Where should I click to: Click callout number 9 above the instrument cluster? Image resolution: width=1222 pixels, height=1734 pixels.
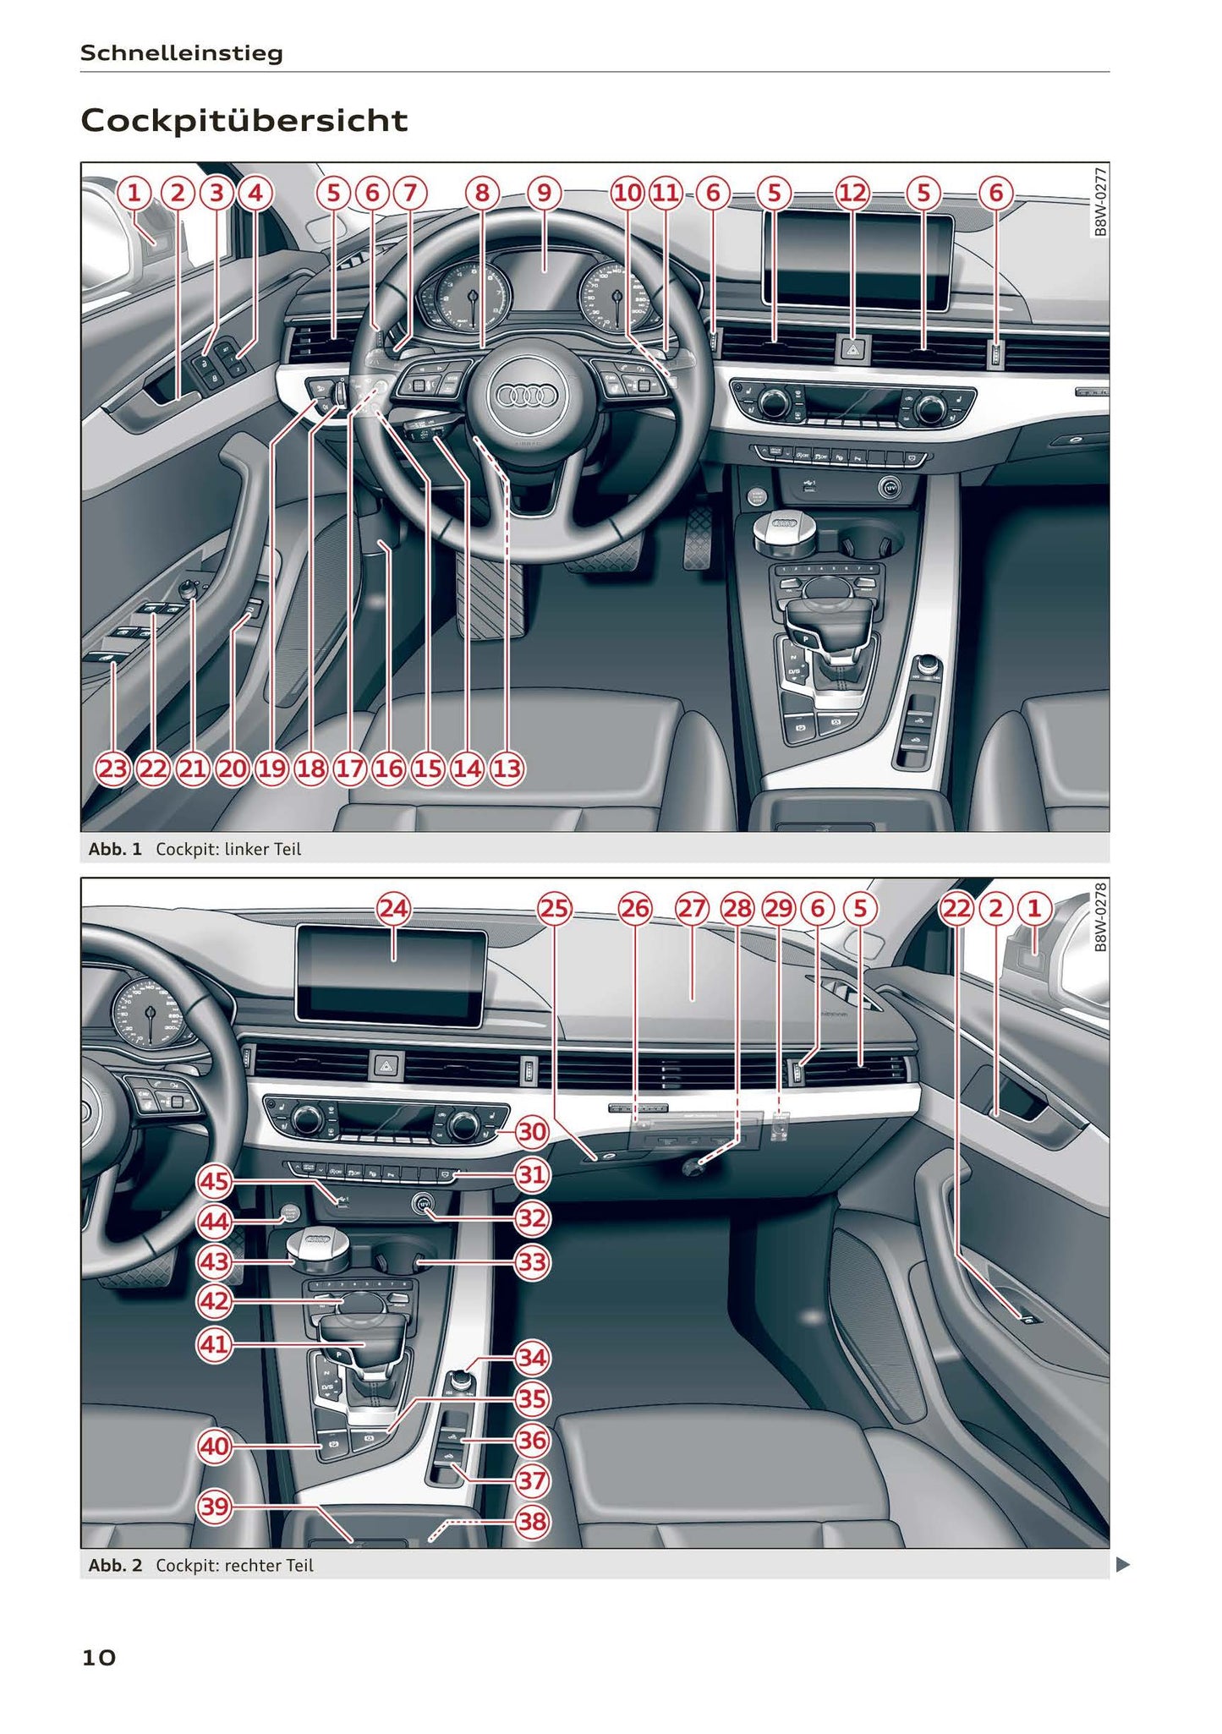(544, 193)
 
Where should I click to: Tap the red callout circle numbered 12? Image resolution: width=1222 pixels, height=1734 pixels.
(852, 193)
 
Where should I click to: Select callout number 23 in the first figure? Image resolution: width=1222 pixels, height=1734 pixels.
(112, 769)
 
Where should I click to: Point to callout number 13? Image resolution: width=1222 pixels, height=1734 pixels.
(507, 769)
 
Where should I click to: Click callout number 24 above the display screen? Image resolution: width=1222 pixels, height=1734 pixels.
(393, 909)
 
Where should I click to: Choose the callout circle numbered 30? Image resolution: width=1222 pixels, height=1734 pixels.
(532, 1131)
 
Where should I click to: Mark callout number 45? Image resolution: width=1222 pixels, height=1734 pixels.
(214, 1180)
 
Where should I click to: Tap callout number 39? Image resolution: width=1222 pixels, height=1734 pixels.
(214, 1507)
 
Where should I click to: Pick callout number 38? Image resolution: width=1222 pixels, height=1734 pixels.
(532, 1522)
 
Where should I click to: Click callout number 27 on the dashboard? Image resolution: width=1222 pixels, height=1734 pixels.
(692, 909)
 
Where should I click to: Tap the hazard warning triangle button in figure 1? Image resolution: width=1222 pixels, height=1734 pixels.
(852, 347)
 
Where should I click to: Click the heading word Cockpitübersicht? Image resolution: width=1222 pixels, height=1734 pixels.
(244, 121)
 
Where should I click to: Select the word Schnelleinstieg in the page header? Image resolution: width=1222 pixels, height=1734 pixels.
(181, 53)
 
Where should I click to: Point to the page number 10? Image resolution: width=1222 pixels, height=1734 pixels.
(98, 1658)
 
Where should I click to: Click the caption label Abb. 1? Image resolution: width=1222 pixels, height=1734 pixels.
(115, 849)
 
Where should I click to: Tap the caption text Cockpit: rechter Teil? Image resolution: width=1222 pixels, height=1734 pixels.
(234, 1565)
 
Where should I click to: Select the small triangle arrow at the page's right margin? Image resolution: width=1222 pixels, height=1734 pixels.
(1123, 1565)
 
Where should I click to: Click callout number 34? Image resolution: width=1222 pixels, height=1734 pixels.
(532, 1359)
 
